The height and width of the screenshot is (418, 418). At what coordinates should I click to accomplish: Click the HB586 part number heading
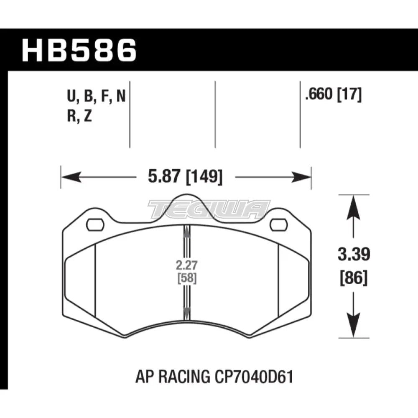[x=79, y=51]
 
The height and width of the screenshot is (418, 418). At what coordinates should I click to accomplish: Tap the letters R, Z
[x=79, y=117]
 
